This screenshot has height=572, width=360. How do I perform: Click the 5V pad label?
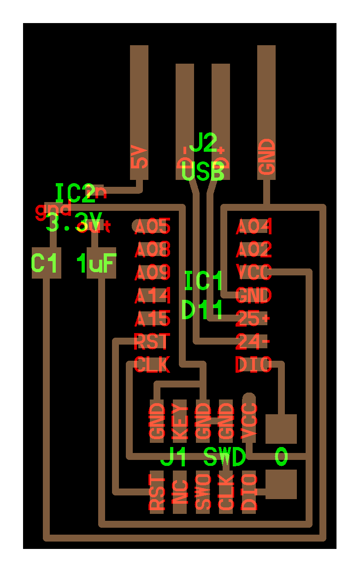click(x=139, y=157)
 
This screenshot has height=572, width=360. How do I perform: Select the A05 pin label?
click(x=153, y=226)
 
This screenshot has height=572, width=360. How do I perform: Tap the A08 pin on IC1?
click(x=153, y=250)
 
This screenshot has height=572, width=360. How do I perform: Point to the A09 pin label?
click(x=153, y=273)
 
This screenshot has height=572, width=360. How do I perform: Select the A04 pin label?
click(x=254, y=226)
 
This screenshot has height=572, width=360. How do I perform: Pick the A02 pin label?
click(x=254, y=250)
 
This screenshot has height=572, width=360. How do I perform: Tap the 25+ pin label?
click(x=253, y=318)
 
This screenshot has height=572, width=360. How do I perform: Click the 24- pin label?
click(x=253, y=341)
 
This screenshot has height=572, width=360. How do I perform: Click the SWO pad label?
click(x=203, y=492)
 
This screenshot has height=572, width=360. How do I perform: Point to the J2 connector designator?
click(x=203, y=144)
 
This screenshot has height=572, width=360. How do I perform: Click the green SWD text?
click(x=224, y=458)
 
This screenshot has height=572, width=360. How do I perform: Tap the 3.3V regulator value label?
click(x=74, y=223)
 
